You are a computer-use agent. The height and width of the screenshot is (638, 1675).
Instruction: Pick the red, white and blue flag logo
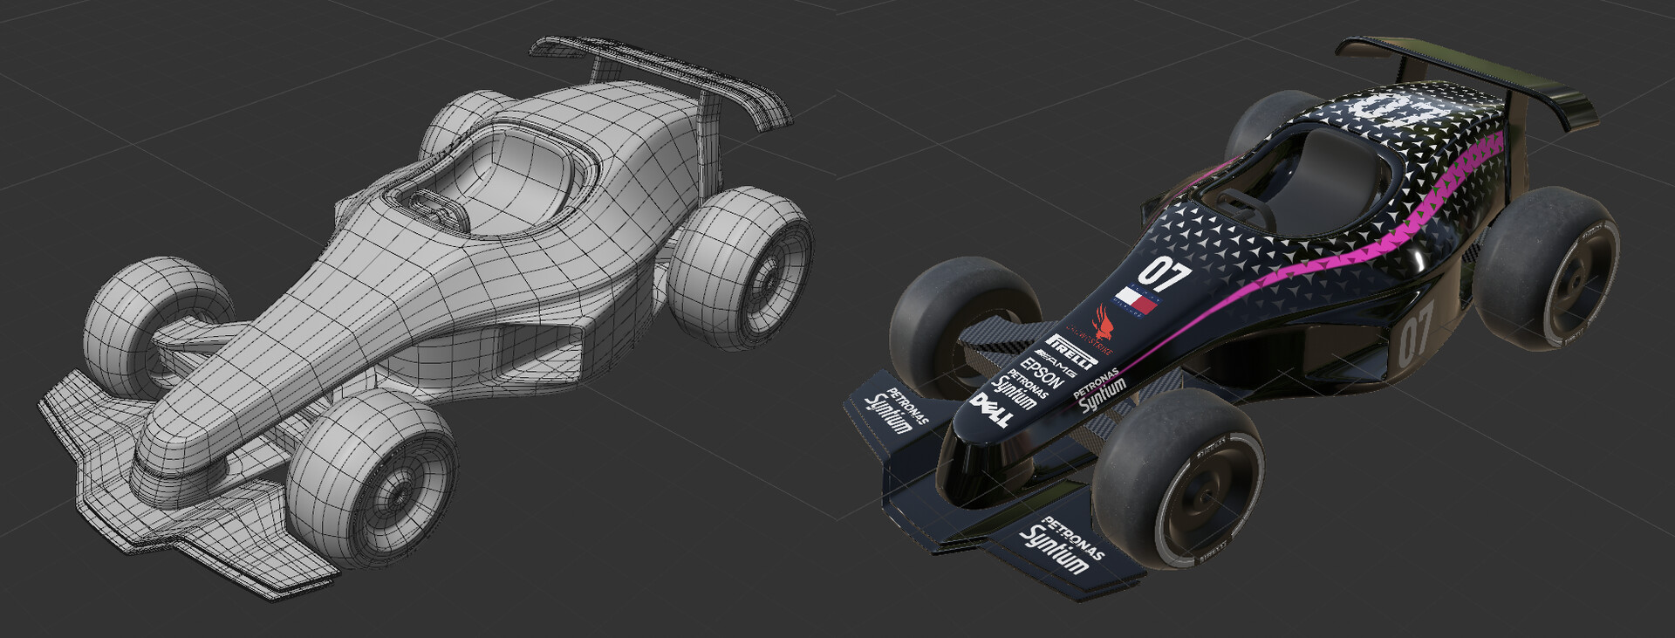pos(1138,299)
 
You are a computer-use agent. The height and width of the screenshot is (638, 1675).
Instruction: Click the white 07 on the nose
pos(1164,273)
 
